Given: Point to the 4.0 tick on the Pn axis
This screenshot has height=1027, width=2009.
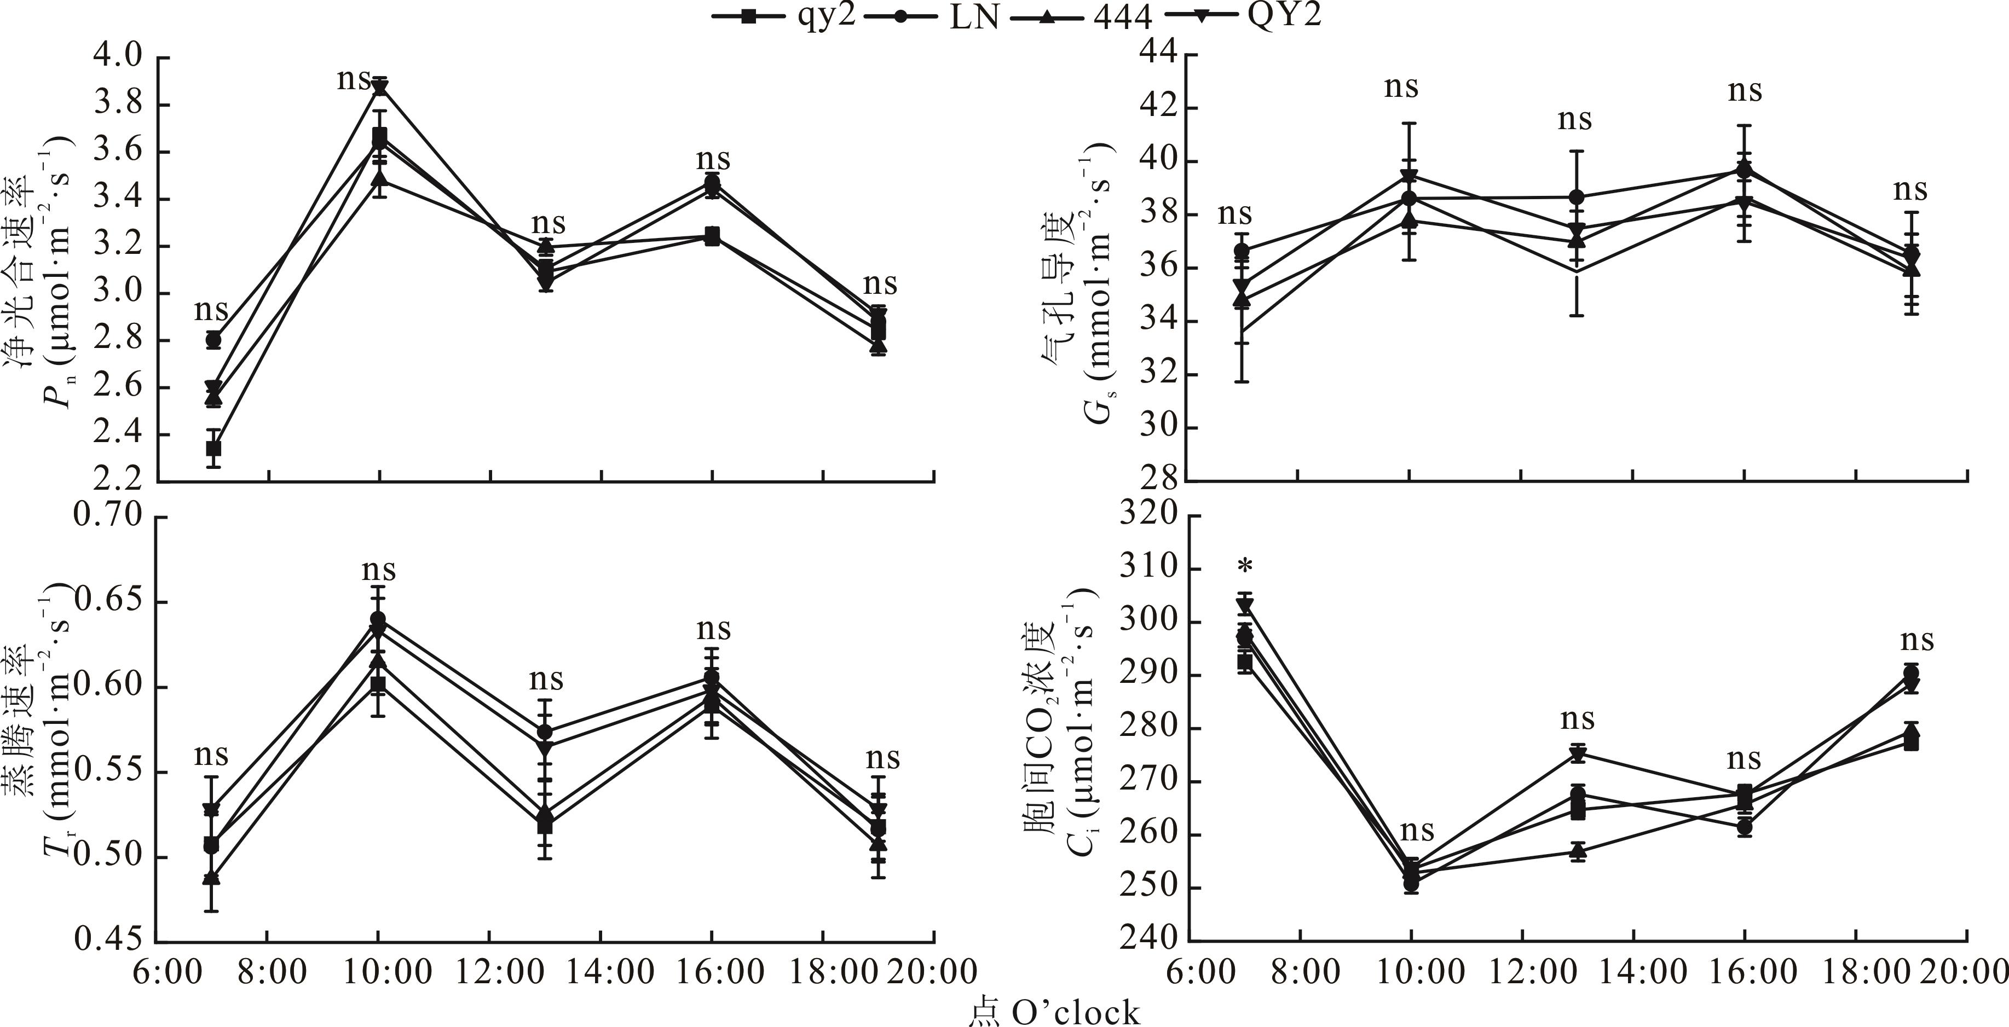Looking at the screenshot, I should pyautogui.click(x=117, y=57).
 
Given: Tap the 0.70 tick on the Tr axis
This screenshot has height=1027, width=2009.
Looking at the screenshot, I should pyautogui.click(x=108, y=516).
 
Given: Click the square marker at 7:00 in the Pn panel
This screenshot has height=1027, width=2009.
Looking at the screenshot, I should pyautogui.click(x=213, y=448).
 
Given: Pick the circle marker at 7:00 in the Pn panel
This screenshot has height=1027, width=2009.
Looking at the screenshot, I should pyautogui.click(x=213, y=339).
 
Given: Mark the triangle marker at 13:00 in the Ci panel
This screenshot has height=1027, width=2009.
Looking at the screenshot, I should pyautogui.click(x=1578, y=850).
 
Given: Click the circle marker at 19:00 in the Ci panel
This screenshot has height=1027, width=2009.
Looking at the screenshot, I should pyautogui.click(x=1910, y=674).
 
